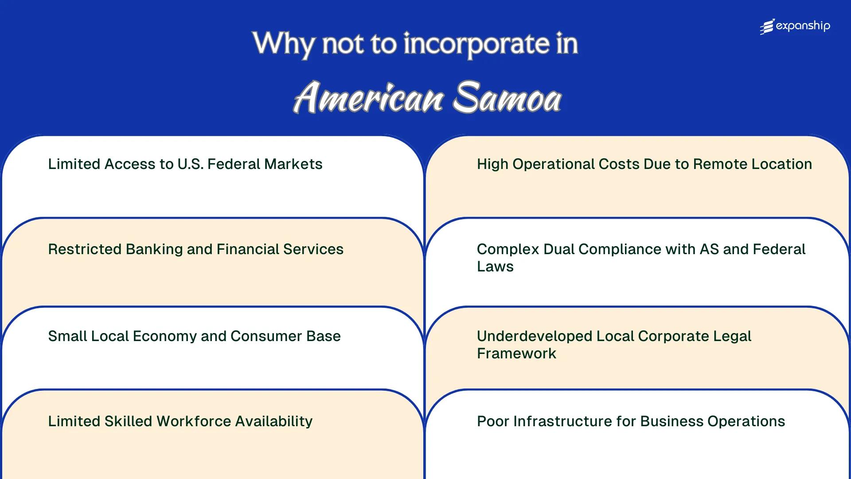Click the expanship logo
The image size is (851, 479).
pos(795,27)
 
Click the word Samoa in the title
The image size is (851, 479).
pos(507,98)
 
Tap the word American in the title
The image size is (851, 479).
pos(368,98)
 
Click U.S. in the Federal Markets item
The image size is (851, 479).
pos(191,164)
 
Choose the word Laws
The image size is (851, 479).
pos(495,267)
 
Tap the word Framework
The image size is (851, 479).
pos(516,353)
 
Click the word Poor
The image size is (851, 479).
pos(493,421)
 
